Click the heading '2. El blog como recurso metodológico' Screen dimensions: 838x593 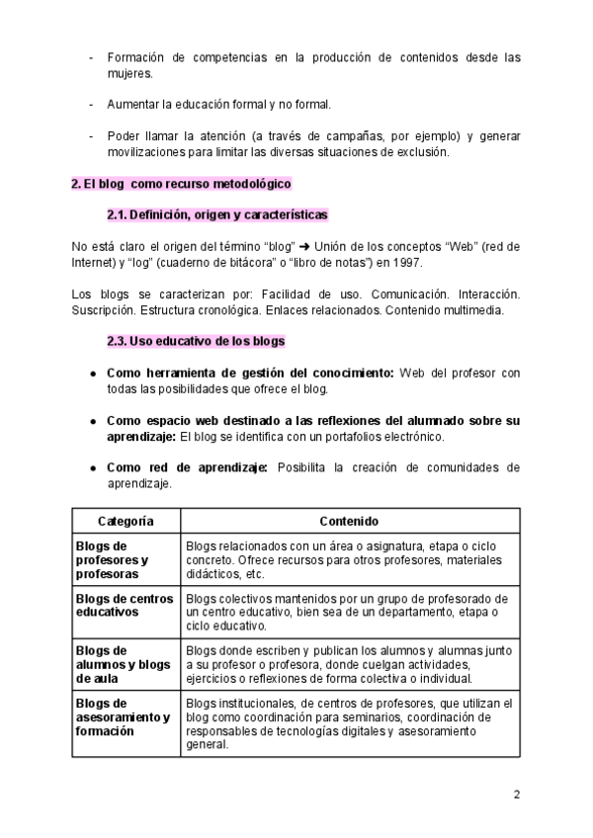[x=181, y=184]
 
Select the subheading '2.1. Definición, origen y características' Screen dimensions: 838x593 [x=217, y=214]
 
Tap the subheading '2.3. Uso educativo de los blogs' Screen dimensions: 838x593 [x=196, y=341]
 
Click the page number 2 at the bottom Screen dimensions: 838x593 [x=517, y=795]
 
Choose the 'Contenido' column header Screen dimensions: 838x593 [x=349, y=520]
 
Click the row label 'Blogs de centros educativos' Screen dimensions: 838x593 [x=124, y=605]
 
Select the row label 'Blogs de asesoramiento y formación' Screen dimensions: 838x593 [x=123, y=716]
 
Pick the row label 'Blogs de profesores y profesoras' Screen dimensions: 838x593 [x=112, y=559]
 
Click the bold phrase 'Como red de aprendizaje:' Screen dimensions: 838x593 [x=187, y=468]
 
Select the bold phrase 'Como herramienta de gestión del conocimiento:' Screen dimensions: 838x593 [x=250, y=373]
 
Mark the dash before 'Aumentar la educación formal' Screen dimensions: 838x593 [x=91, y=104]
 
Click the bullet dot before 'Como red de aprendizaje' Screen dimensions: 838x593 [x=92, y=468]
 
